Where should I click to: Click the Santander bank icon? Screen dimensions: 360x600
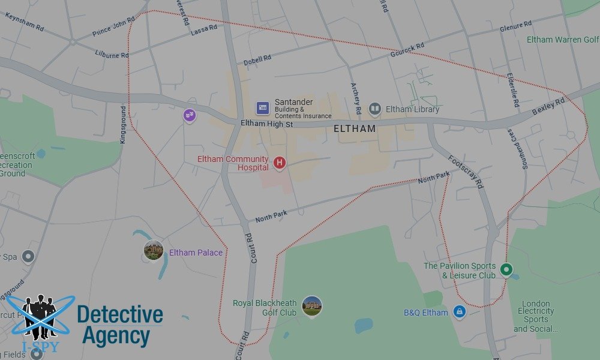click(x=262, y=108)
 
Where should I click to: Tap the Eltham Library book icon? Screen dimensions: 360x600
click(x=375, y=109)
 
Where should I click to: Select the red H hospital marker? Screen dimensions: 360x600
click(x=279, y=162)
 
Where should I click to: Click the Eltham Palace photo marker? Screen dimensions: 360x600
click(x=154, y=250)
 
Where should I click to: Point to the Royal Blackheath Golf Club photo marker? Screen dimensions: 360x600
click(x=312, y=306)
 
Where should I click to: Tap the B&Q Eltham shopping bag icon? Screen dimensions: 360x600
click(x=459, y=312)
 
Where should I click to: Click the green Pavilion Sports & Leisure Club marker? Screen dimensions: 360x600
click(x=506, y=270)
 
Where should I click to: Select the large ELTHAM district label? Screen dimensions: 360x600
click(x=355, y=128)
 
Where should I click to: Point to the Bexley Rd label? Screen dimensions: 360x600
click(x=548, y=107)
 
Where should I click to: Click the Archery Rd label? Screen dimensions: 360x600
click(x=355, y=98)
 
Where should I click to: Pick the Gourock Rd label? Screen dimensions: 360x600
click(x=407, y=49)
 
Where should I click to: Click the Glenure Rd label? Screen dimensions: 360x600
click(x=516, y=26)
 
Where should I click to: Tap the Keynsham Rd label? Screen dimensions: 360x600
click(x=24, y=22)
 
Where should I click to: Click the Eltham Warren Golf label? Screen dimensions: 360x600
click(x=562, y=40)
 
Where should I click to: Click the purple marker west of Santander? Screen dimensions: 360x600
click(x=190, y=115)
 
